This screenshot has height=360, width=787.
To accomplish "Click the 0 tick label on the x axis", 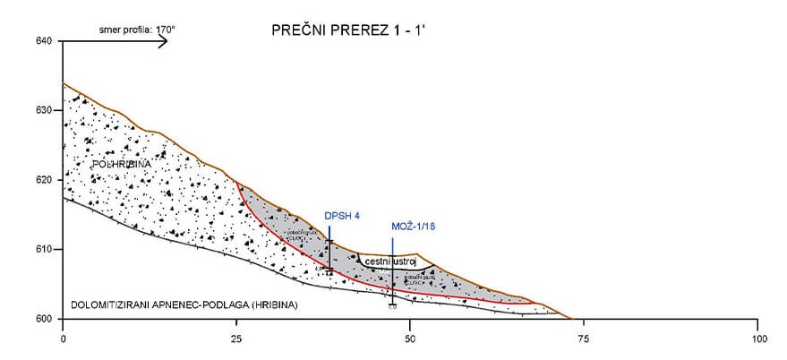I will point(63,339).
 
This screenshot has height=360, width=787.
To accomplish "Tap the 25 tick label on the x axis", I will point(236,339).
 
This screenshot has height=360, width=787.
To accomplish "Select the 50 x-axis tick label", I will point(410,339).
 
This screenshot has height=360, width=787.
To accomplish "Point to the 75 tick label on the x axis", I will point(584,339).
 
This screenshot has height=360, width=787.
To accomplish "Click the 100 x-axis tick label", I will point(757,339).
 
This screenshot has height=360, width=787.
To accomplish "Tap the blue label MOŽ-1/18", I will point(414,227).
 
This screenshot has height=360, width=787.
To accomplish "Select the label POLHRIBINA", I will point(122,165).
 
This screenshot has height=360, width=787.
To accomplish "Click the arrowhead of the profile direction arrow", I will point(164,40).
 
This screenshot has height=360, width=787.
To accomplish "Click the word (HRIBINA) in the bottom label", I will point(276,305).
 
